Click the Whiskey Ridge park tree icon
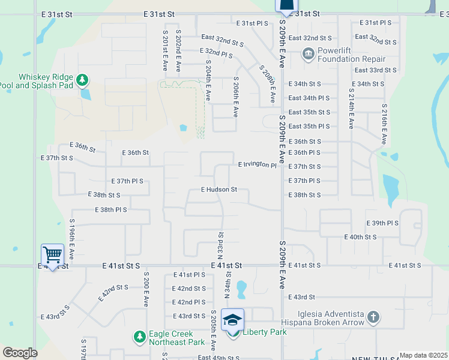pyautogui.click(x=82, y=79)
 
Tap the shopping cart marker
pyautogui.click(x=52, y=256)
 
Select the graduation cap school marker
pyautogui.click(x=232, y=320)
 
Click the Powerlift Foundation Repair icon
pyautogui.click(x=309, y=55)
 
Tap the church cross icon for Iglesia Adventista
pyautogui.click(x=373, y=317)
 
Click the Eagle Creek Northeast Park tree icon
pyautogui.click(x=140, y=337)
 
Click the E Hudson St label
pyautogui.click(x=219, y=190)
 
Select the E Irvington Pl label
pyautogui.click(x=258, y=164)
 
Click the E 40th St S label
pyautogui.click(x=360, y=237)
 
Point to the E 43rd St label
pyautogui.click(x=302, y=297)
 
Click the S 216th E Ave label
pyautogui.click(x=383, y=124)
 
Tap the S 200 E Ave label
pyautogui.click(x=146, y=289)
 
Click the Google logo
pyautogui.click(x=20, y=353)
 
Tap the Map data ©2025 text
pyautogui.click(x=423, y=355)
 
